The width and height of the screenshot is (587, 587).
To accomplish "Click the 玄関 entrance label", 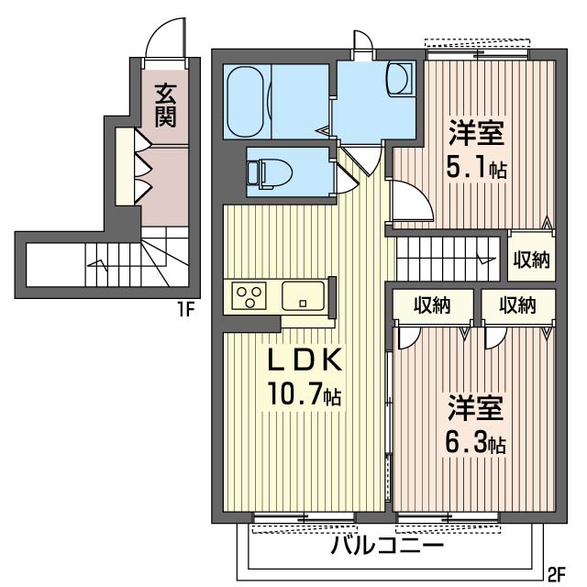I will pyautogui.click(x=165, y=105).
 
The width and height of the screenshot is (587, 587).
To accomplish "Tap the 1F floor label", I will pyautogui.click(x=186, y=310).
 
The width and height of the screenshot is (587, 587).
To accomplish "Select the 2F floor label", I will pyautogui.click(x=557, y=575).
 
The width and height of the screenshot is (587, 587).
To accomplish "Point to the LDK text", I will pyautogui.click(x=305, y=360).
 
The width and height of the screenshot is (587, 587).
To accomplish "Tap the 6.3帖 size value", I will pyautogui.click(x=476, y=443).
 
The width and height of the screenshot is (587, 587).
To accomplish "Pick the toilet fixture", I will pyautogui.click(x=268, y=171).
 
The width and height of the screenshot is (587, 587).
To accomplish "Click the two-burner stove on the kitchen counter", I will pyautogui.click(x=250, y=296).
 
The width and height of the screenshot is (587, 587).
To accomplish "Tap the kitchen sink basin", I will pyautogui.click(x=302, y=296).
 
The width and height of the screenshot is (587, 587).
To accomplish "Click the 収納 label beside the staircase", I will pyautogui.click(x=531, y=260).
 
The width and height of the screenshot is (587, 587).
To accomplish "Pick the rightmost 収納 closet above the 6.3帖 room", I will pyautogui.click(x=516, y=306).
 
